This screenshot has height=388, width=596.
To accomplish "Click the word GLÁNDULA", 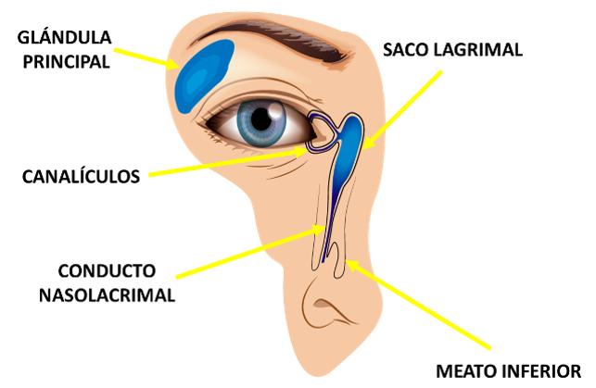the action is (64, 38).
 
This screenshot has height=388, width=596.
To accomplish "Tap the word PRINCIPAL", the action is (64, 62).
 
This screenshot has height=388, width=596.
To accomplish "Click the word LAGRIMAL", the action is (484, 50).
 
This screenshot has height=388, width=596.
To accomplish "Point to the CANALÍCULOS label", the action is (82, 174).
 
